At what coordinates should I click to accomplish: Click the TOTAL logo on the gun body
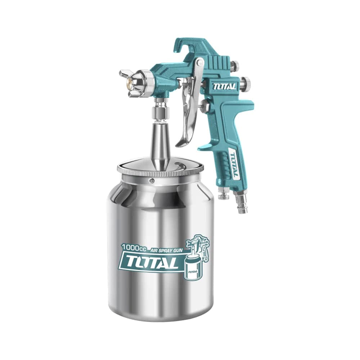[224, 86]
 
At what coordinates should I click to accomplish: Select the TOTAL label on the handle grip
[234, 165]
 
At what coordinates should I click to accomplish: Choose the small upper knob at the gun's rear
[235, 66]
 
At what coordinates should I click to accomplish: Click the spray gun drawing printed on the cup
[196, 256]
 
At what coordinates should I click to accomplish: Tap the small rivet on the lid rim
[152, 180]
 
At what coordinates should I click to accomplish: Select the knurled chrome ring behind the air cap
[148, 83]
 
